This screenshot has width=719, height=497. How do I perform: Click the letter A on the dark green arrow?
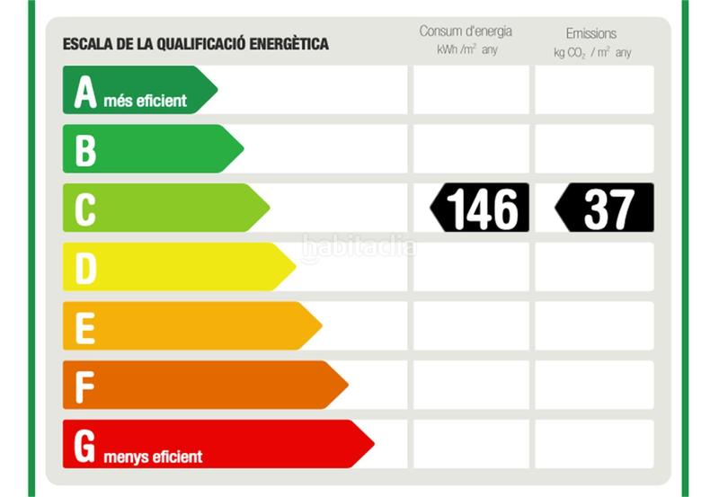point(85,92)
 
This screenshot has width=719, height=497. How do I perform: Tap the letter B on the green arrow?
point(85,150)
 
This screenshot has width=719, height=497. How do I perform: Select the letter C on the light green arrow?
point(85,209)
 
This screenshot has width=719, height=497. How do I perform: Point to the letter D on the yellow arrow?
point(85,268)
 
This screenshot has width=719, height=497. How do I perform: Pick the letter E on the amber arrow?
point(84,327)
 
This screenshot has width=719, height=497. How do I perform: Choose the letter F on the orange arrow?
point(84,386)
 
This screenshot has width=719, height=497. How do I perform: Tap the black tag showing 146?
point(480,208)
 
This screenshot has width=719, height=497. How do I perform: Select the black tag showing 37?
point(604,208)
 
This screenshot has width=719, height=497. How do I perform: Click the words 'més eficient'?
point(146,101)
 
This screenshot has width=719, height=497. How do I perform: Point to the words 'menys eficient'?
point(153,457)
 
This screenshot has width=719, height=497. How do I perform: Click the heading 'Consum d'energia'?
point(466,31)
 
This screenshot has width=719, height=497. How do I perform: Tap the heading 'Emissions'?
point(591,33)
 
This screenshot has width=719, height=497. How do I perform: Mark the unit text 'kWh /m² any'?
point(466,50)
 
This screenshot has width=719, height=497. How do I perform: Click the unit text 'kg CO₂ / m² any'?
point(592,52)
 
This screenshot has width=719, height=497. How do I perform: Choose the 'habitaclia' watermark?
point(359,245)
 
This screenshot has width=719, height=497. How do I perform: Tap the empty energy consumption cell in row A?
point(471,90)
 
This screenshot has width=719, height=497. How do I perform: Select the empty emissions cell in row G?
point(594,444)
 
